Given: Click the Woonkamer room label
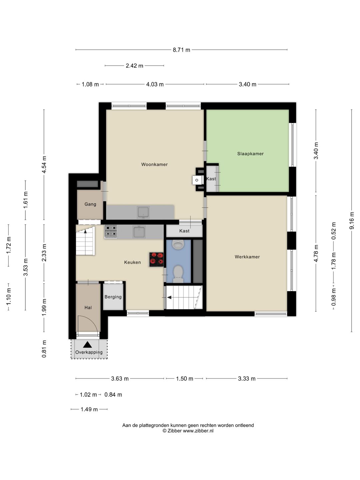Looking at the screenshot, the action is (x=154, y=164).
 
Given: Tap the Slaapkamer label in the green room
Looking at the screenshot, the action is (x=250, y=154).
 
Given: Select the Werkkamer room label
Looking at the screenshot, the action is (x=247, y=257).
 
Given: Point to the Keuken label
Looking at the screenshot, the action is (x=132, y=262).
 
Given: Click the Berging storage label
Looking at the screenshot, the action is (x=113, y=297).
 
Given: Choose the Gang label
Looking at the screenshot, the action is (x=90, y=204).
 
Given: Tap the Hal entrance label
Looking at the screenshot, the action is (x=88, y=307).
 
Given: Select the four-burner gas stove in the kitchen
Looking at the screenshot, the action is (x=111, y=231).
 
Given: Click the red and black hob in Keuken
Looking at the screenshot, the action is (x=157, y=260).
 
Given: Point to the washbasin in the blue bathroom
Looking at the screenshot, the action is (x=178, y=244).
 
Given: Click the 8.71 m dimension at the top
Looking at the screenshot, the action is (x=181, y=50).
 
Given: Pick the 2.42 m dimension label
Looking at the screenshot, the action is (x=134, y=66).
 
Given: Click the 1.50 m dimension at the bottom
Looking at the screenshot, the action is (x=185, y=379).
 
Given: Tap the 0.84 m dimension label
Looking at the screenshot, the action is (x=113, y=395).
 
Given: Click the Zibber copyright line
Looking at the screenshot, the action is (x=188, y=431).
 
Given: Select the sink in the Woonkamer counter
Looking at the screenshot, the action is (x=143, y=212).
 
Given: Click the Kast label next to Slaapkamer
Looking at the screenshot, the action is (x=211, y=179).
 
